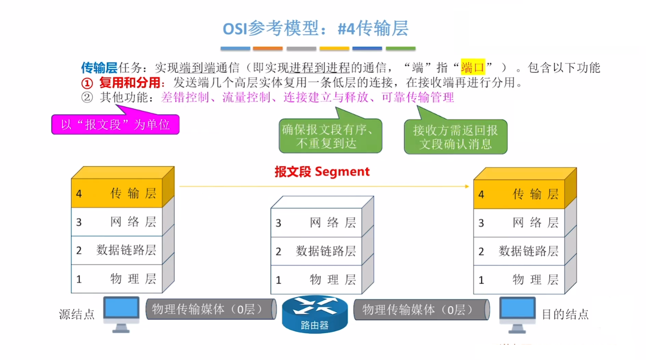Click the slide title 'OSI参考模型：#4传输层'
(315, 29)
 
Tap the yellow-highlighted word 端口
(472, 67)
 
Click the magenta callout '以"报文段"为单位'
(115, 125)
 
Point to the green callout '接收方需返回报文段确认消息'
(455, 137)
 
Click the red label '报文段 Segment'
(322, 171)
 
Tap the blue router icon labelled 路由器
(314, 314)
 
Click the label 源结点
(77, 314)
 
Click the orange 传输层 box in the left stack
(117, 193)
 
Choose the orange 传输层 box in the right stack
(519, 194)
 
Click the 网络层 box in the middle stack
(316, 223)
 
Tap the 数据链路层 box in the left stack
(117, 250)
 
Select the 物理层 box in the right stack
(519, 279)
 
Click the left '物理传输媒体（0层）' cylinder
(210, 309)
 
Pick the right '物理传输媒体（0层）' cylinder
(420, 310)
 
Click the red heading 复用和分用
(130, 83)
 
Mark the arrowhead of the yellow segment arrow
(467, 186)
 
